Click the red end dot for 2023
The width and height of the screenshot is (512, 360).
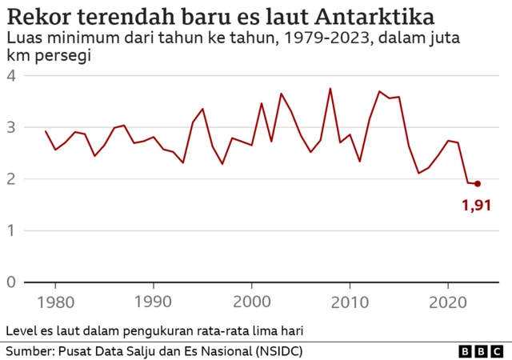[478, 183]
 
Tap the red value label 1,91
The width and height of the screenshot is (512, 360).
[477, 206]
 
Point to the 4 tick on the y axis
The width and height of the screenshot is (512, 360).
[11, 76]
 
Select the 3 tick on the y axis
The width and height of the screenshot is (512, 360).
[11, 128]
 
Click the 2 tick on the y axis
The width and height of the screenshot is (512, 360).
[11, 179]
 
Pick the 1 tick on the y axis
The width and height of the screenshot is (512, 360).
[11, 231]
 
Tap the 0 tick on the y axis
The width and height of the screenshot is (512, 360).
[11, 282]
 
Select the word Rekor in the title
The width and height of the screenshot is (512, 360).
[36, 17]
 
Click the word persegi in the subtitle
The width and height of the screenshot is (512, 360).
[65, 56]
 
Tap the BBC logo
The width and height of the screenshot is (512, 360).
[479, 351]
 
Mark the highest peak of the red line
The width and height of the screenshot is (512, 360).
[330, 89]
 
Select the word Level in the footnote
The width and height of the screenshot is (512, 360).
[22, 330]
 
